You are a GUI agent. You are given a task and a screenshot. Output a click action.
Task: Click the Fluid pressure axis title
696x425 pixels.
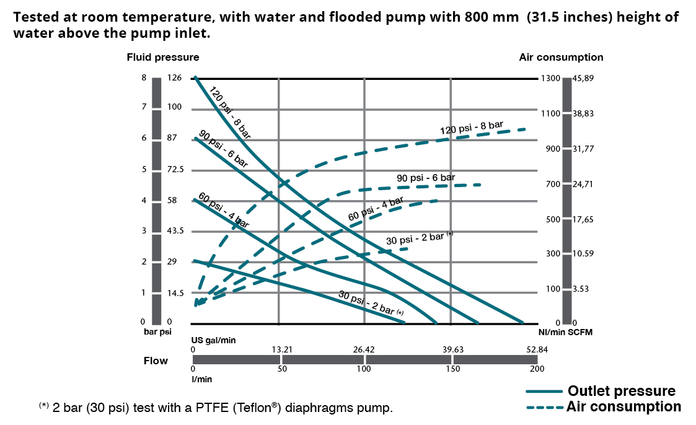[163, 57]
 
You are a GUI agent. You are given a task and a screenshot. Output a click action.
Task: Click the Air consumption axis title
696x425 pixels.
[561, 57]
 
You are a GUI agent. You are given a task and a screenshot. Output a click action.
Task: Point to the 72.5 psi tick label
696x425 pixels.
[176, 169]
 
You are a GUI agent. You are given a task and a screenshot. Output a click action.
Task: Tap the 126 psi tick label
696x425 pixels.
[174, 78]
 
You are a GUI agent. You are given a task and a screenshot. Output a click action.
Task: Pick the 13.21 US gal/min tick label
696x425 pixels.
[282, 349]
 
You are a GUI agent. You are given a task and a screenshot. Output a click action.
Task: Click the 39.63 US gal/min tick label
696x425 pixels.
[452, 349]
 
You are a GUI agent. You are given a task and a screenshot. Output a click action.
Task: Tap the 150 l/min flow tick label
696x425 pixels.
[452, 369]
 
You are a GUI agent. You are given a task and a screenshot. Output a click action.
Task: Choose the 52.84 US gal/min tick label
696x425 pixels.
[537, 349]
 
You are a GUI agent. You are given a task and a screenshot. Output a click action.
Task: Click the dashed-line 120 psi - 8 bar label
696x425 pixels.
[471, 128]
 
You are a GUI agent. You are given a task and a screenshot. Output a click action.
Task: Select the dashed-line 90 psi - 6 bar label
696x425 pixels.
[425, 178]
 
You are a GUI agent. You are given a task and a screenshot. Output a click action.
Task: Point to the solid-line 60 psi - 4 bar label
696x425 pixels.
[224, 211]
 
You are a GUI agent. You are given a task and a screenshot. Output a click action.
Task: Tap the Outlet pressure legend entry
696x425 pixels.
[621, 391]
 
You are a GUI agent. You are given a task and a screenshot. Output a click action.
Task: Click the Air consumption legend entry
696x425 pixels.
[623, 406]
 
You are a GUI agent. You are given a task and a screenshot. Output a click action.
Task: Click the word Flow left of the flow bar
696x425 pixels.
[156, 361]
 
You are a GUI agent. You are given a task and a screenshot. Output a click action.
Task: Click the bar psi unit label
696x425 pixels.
[157, 331]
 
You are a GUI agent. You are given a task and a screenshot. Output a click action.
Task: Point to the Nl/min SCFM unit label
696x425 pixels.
[566, 332]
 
